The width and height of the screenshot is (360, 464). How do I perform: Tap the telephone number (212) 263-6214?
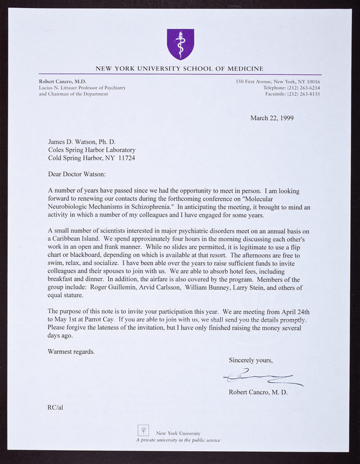tap(297, 88)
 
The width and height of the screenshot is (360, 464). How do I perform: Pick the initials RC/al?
tap(56, 408)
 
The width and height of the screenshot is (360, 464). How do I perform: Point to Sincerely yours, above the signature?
tap(250, 360)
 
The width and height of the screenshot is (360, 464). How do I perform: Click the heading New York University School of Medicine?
tap(179, 68)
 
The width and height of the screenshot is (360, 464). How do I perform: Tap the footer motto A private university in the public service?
tap(178, 440)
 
